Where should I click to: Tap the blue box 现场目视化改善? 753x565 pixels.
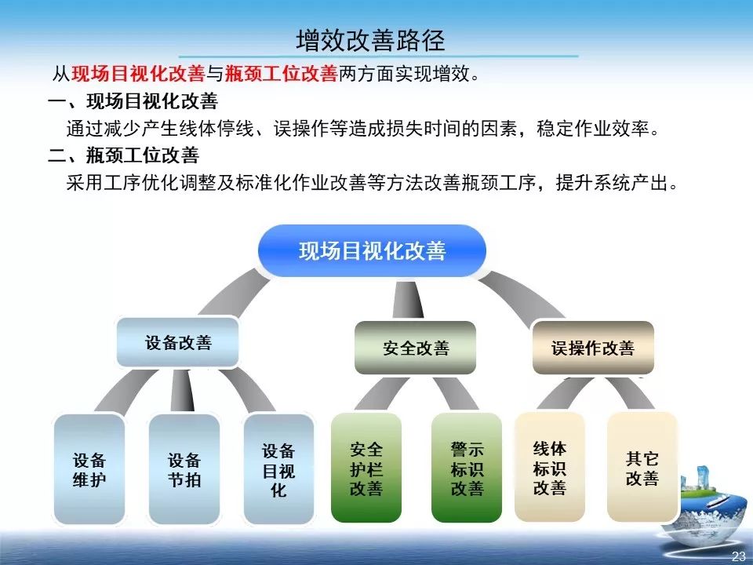pos(372,251)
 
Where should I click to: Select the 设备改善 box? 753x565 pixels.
pos(178,342)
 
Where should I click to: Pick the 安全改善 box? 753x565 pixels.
pos(416,348)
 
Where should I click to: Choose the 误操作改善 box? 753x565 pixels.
pos(592,348)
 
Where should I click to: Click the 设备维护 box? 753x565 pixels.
pos(89,469)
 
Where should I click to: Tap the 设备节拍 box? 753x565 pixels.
pos(184,469)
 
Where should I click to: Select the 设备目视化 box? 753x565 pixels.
pos(278,469)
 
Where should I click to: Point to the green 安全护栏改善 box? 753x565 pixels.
pos(366,468)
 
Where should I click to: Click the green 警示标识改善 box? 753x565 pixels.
pos(467,468)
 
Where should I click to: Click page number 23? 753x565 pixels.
pos(738,556)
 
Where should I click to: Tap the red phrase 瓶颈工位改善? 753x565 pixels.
pos(280,75)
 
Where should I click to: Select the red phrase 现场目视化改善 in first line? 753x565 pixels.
pos(137,75)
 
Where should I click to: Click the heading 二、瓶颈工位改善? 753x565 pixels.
pos(123,155)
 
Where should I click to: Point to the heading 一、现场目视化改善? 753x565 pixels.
pos(133,101)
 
